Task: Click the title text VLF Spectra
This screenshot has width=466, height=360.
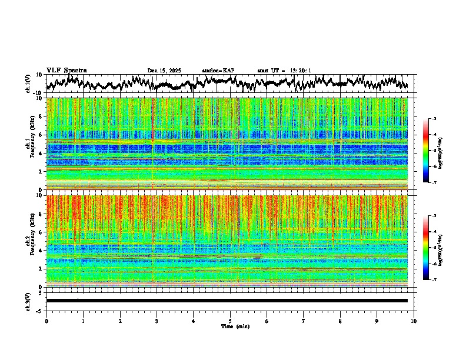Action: (x=66, y=71)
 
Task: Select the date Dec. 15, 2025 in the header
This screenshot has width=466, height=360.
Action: (x=164, y=71)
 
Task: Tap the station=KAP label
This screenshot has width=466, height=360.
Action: (x=218, y=71)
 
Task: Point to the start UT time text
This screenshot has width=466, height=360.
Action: (x=284, y=71)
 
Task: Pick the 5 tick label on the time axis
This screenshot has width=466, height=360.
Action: (x=230, y=321)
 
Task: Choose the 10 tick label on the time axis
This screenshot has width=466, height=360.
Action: (x=414, y=321)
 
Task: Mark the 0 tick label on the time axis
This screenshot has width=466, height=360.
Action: (x=46, y=321)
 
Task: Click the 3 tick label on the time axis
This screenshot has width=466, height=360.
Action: (x=157, y=321)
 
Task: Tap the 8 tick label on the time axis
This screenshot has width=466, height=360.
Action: (x=340, y=321)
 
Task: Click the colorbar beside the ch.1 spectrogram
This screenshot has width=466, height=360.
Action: (x=431, y=151)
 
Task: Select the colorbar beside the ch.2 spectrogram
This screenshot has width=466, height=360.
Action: (x=431, y=248)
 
